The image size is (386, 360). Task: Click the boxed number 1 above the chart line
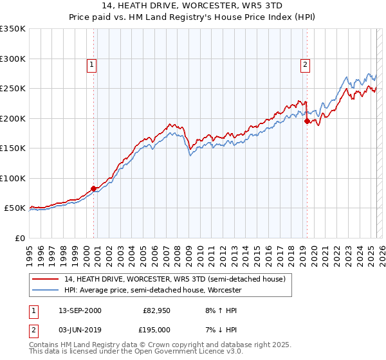click(x=92, y=64)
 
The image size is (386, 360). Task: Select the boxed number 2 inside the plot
click(x=304, y=64)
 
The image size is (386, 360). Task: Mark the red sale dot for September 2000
click(x=94, y=188)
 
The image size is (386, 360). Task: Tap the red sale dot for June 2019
click(x=307, y=121)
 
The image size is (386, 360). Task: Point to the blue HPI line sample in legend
click(x=45, y=290)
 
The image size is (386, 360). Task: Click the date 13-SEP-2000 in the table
click(x=80, y=310)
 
